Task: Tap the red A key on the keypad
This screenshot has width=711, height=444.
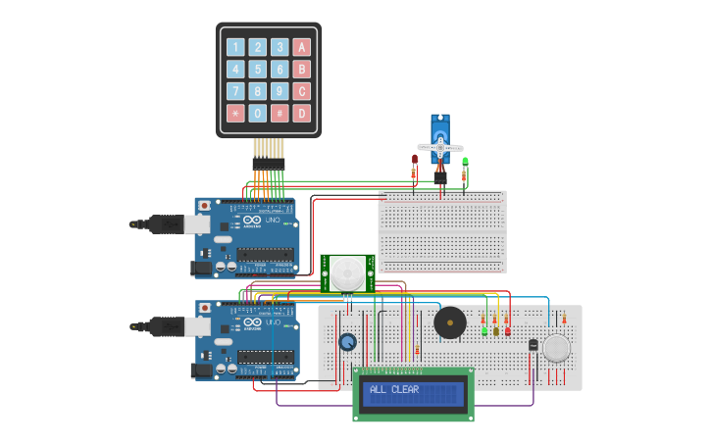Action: [302, 47]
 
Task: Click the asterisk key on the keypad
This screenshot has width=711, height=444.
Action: [235, 113]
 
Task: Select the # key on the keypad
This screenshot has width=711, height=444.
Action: [279, 113]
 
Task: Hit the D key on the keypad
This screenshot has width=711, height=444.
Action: [302, 113]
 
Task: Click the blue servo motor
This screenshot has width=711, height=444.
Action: [440, 137]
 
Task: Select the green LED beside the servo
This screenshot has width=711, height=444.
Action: [465, 161]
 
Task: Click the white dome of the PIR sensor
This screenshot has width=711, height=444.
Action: [346, 272]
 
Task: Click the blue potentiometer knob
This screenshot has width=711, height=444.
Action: [347, 342]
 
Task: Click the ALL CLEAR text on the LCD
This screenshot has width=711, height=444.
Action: [394, 390]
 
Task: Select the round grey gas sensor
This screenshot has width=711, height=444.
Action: [556, 349]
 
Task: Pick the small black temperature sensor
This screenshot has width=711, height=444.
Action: [533, 345]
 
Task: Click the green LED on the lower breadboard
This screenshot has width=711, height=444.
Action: [484, 330]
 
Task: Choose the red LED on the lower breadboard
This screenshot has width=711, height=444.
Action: [506, 330]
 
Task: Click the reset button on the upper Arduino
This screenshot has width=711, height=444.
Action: [204, 207]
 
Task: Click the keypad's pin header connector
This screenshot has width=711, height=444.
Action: [268, 163]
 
